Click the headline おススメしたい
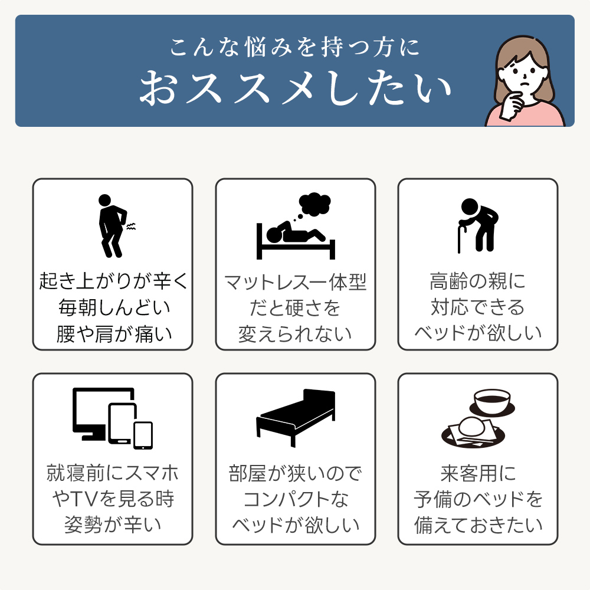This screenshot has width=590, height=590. click(296, 88)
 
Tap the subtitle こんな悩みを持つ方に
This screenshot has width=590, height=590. click(294, 47)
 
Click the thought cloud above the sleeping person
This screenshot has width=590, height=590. click(314, 205)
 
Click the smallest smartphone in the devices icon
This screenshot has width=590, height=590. click(143, 435)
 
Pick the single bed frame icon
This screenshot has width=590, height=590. click(296, 418)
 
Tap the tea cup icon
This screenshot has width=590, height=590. click(492, 402)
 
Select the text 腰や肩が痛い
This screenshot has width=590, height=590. click(114, 334)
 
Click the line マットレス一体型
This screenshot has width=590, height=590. click(295, 282)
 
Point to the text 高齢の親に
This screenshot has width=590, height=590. click(477, 281)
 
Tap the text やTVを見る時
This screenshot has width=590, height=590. click(113, 499)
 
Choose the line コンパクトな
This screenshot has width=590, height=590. click(296, 499)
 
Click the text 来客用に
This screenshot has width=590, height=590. click(478, 473)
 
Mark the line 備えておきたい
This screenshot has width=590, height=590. click(478, 525)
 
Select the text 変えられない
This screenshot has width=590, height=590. click(295, 334)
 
